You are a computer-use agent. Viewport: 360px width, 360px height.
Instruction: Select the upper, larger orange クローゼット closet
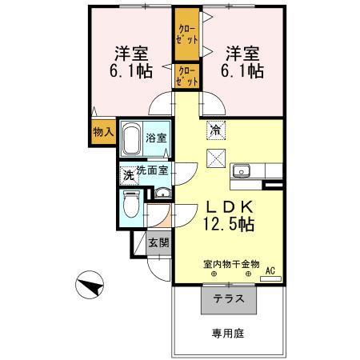tap(186, 36)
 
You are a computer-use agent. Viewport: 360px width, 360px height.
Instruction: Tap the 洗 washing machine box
tap(127, 174)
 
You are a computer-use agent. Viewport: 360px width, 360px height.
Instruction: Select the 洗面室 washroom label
tap(151, 170)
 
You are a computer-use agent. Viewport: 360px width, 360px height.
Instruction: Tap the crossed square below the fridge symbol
tap(216, 158)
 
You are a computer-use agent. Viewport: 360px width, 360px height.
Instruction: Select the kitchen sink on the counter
tap(242, 170)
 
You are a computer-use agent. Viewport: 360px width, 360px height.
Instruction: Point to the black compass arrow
tap(90, 283)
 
